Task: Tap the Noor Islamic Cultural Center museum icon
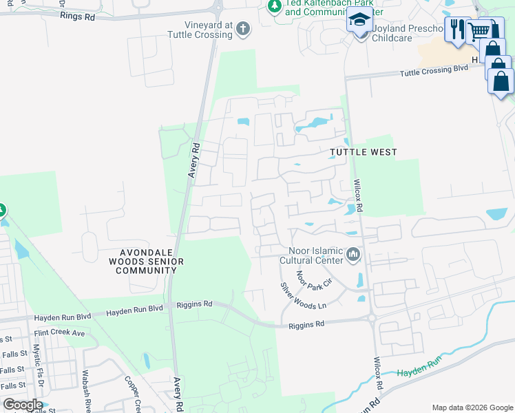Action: pos(354,255)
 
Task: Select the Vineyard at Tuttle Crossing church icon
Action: pos(242,29)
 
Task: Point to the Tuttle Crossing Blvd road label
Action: pos(434,70)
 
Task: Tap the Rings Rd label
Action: pos(76,15)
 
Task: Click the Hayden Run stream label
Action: pos(418,372)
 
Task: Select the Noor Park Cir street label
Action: pos(314,278)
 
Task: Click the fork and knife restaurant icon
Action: pos(456,29)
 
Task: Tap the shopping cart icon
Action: pos(479,30)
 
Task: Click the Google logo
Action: pos(23,405)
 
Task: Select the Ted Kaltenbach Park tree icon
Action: pos(275,6)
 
